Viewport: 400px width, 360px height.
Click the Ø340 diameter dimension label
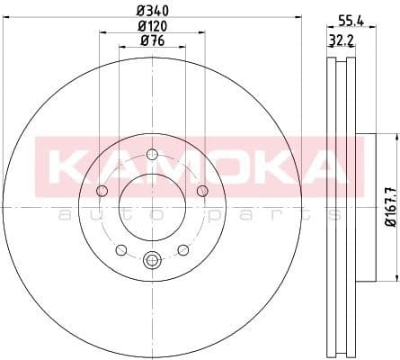tap(150, 11)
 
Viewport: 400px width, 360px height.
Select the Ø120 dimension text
tap(150, 25)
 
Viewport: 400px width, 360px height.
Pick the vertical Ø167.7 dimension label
tap(390, 206)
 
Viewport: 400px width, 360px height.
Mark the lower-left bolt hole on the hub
tap(120, 248)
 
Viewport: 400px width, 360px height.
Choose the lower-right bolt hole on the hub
tap(182, 248)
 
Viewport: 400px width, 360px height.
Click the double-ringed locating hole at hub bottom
tap(151, 262)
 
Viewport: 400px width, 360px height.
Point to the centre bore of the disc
tap(151, 204)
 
